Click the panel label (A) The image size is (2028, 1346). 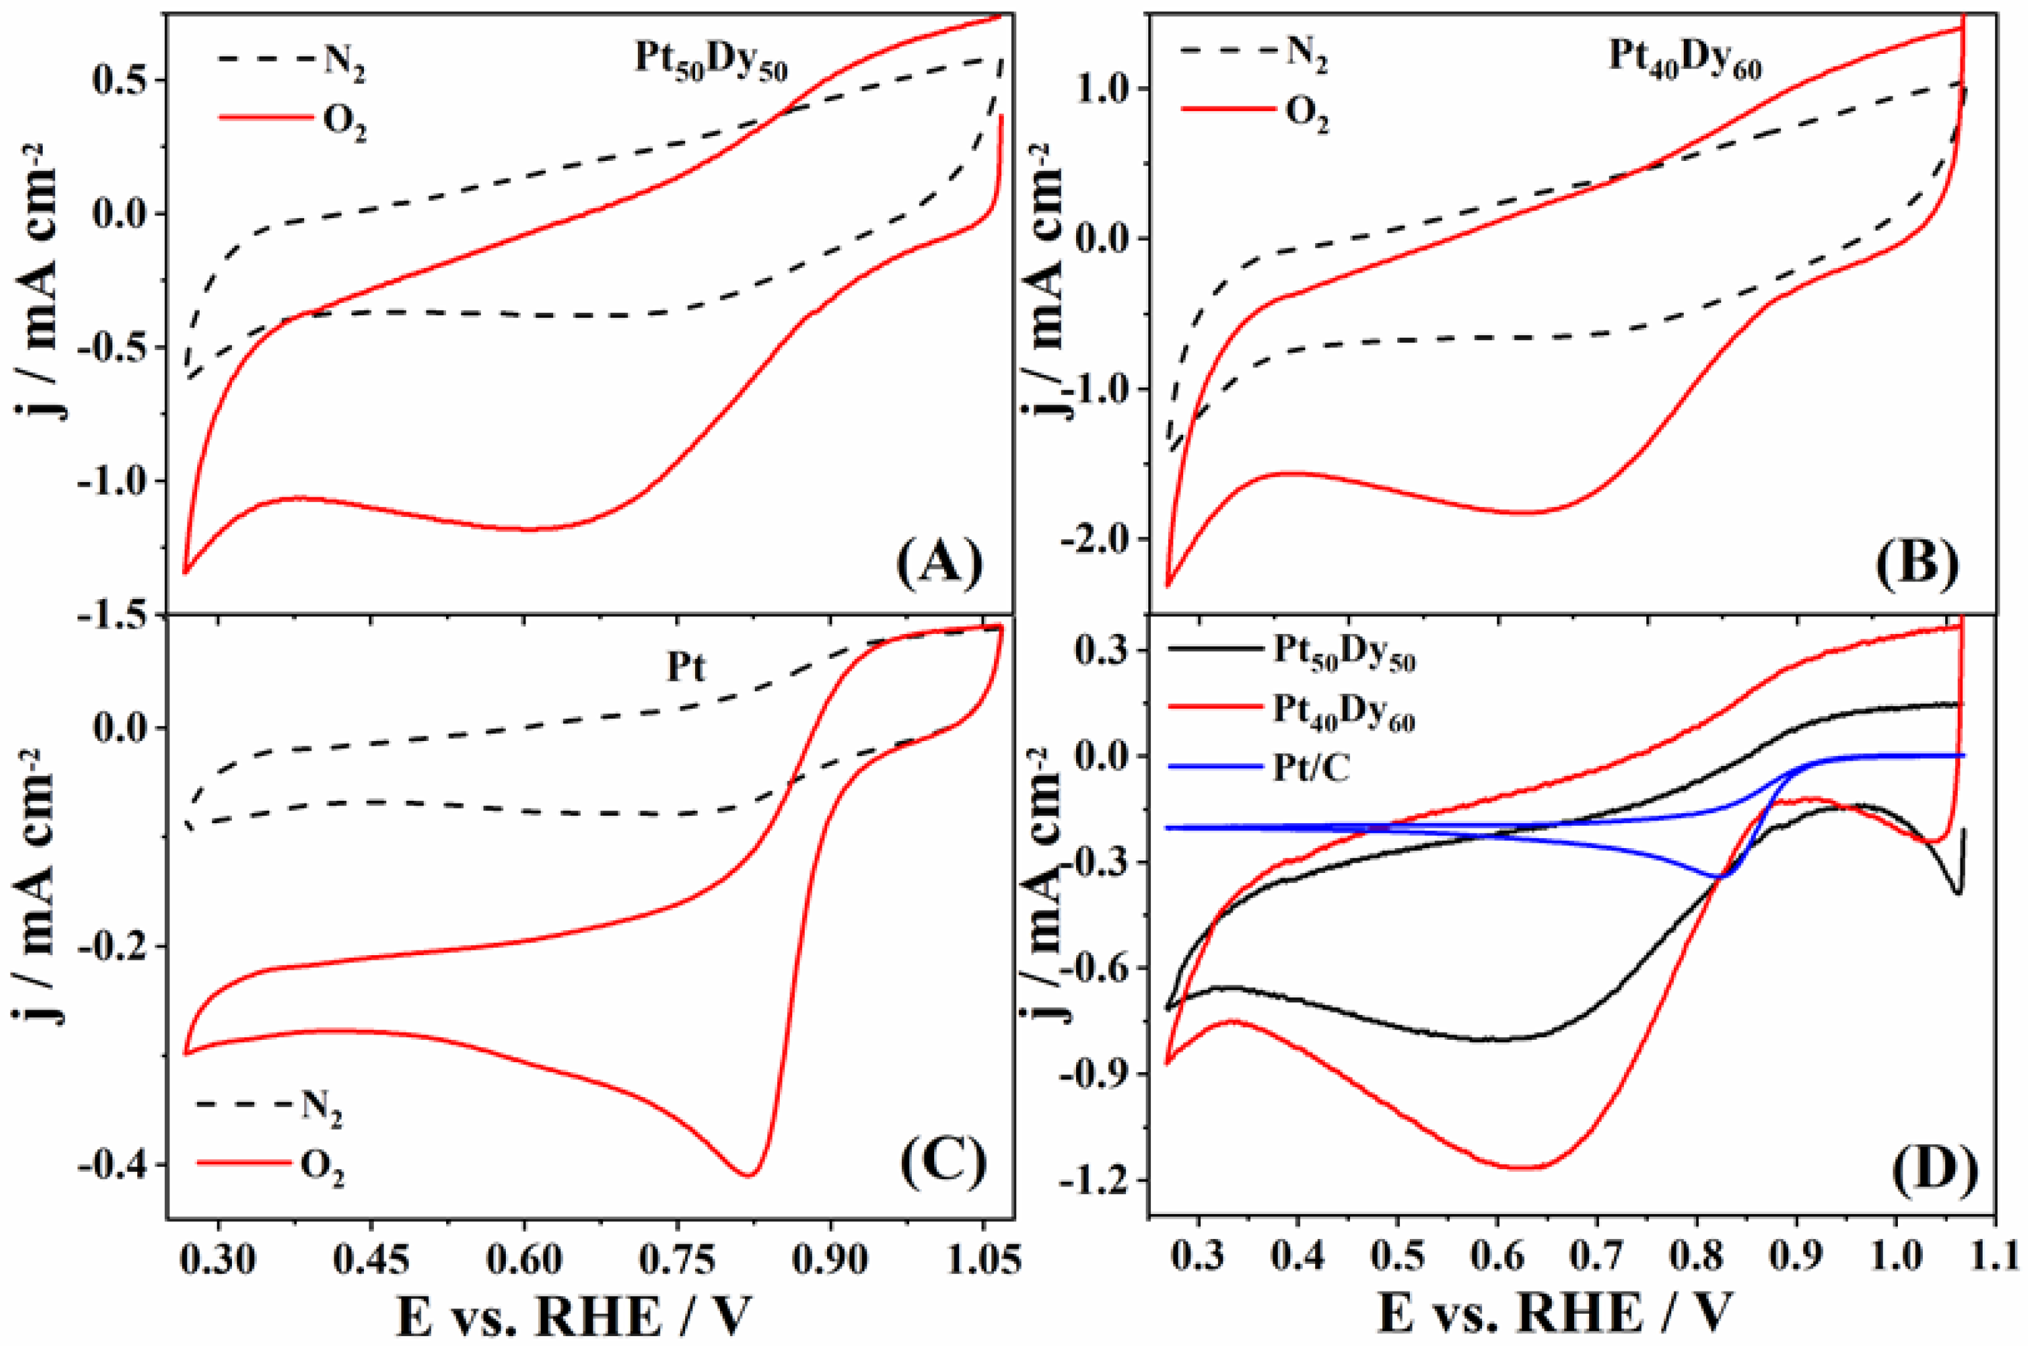tap(939, 563)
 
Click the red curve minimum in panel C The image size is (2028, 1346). tap(748, 1175)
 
